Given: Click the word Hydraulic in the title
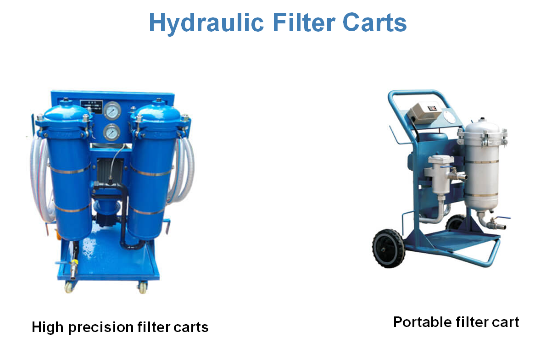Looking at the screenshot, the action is pyautogui.click(x=206, y=23).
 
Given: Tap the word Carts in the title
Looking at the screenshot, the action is pyautogui.click(x=374, y=22).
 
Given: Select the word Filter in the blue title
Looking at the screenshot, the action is pyautogui.click(x=304, y=22).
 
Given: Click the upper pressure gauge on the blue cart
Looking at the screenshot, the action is pyautogui.click(x=112, y=111).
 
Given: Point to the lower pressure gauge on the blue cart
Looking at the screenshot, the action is pyautogui.click(x=111, y=133).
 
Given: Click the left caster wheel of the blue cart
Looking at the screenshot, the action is pyautogui.click(x=69, y=287).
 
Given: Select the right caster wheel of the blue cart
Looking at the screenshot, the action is pyautogui.click(x=143, y=288).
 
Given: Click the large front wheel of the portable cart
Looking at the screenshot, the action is pyautogui.click(x=389, y=249).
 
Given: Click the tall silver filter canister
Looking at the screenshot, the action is pyautogui.click(x=482, y=166).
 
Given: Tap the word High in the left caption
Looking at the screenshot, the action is pyautogui.click(x=48, y=327).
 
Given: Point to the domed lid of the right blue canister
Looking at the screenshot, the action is pyautogui.click(x=159, y=112).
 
